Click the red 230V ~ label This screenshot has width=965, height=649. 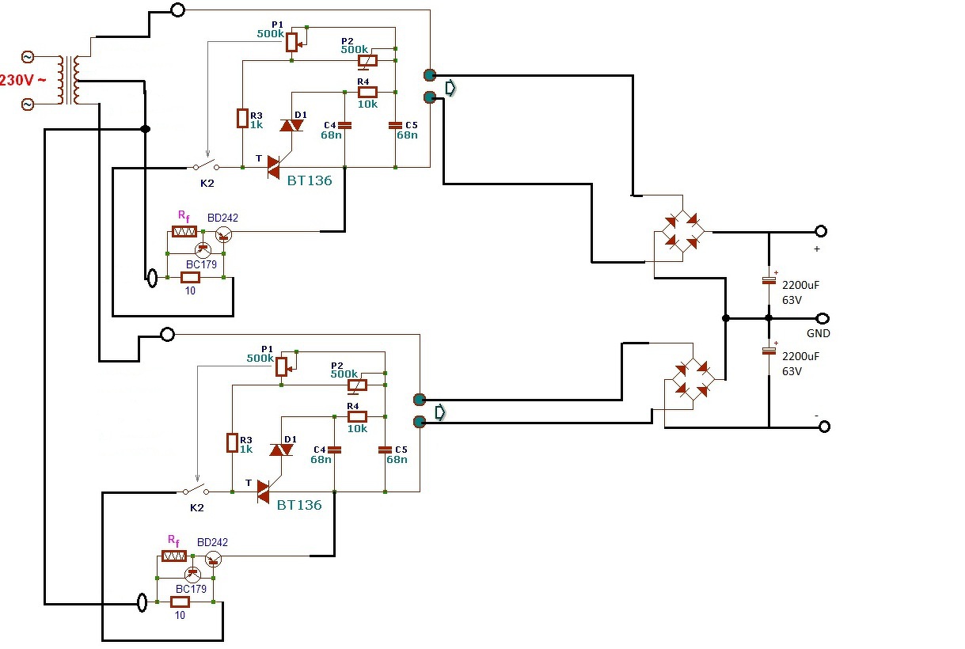pos(22,80)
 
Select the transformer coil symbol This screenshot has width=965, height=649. pos(70,80)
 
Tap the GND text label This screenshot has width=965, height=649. pos(818,333)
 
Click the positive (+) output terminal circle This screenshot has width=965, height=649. pos(821,231)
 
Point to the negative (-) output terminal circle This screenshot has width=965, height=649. pos(824,427)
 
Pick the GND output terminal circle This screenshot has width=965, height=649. pos(823,319)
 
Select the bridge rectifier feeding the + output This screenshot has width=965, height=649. pos(682,232)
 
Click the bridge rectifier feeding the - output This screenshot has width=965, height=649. pos(693,380)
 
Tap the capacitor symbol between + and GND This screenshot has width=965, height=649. pos(769,281)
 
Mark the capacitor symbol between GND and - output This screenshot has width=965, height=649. pos(769,351)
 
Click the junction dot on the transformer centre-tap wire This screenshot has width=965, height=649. pos(146,129)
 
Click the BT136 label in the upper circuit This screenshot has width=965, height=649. pos(310,180)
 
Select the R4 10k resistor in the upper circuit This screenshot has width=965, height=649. pos(368,92)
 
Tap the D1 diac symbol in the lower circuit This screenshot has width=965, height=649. pos(281,450)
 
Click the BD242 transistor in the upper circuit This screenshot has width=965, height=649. pos(224,235)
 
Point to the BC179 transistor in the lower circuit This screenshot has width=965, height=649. pos(192,575)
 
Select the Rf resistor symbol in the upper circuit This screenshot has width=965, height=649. pos(184,232)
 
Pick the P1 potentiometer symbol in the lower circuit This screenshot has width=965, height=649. pos(282,366)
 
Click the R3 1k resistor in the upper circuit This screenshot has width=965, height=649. pos(242,119)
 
